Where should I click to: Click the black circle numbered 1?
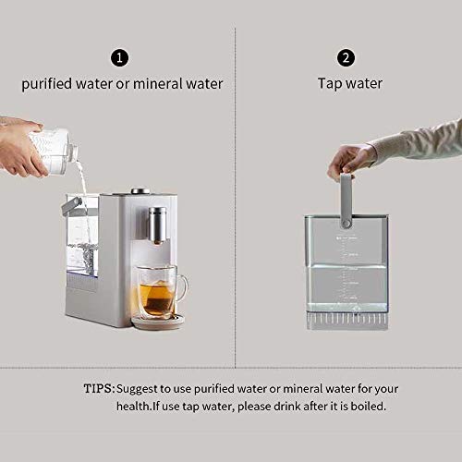119,58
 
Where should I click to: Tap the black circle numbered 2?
346,58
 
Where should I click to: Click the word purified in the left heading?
46,84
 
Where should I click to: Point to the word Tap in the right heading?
330,84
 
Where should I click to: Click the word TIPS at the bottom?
99,388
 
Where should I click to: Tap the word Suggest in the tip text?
137,389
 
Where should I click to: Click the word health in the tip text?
134,407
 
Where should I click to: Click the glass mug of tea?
161,291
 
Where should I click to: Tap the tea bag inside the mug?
159,298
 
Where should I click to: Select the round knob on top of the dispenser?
140,191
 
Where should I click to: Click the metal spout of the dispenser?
157,225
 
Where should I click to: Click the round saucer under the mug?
158,321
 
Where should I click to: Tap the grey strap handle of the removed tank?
346,201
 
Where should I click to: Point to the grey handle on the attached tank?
71,206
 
